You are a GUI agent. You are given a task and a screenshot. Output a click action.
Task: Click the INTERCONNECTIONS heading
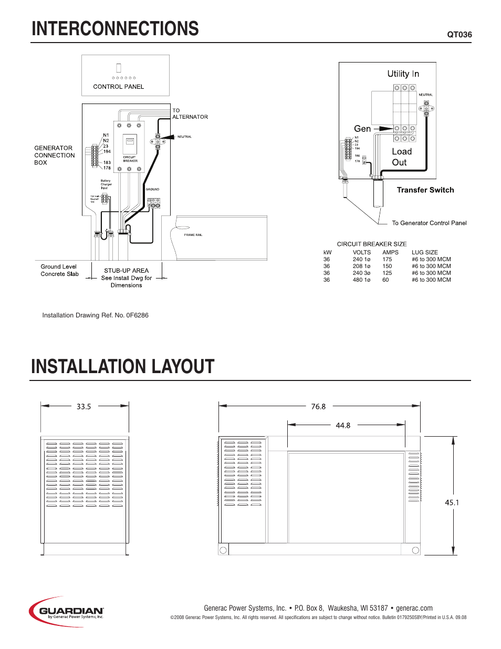(115, 29)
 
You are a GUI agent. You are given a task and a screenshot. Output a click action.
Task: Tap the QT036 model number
(459, 35)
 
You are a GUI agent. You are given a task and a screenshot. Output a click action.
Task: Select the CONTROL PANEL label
(118, 87)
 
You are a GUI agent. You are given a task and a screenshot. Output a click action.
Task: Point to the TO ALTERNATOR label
(190, 114)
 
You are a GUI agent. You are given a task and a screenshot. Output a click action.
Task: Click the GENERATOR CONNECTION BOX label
(54, 156)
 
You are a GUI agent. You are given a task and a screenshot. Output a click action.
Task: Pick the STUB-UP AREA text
(126, 271)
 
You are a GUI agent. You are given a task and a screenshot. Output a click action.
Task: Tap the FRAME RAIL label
(193, 235)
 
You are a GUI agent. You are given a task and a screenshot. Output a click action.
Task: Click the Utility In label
(403, 74)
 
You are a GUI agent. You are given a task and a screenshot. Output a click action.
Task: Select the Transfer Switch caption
(425, 190)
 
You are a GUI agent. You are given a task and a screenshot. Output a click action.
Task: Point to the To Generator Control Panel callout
(429, 223)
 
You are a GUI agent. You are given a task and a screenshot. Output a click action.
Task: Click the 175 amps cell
(387, 260)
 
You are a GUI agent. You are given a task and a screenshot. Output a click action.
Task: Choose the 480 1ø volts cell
(361, 280)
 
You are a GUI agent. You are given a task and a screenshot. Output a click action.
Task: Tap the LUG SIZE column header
(424, 253)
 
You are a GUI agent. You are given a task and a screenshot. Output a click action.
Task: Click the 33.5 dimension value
(83, 407)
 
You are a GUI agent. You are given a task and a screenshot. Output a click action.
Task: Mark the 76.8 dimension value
(318, 407)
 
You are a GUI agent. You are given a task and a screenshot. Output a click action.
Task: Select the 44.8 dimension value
(343, 426)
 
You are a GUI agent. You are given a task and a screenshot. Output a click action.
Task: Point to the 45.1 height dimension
(452, 503)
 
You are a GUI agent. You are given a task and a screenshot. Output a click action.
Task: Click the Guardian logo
(67, 611)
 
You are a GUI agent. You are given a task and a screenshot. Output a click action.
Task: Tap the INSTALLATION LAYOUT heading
(123, 367)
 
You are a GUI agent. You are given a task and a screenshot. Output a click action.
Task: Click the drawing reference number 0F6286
(137, 315)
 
